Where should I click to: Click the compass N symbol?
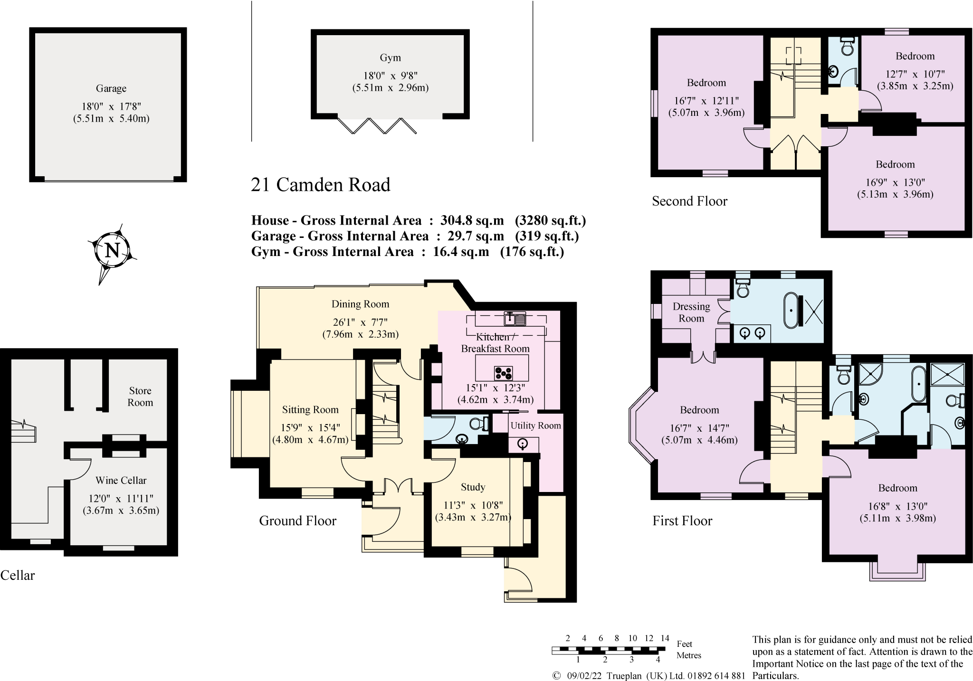point(112,250)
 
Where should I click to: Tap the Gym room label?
point(390,58)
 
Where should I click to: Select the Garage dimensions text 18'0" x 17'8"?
point(111,106)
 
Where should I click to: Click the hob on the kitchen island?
point(503,373)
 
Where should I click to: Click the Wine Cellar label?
point(121,480)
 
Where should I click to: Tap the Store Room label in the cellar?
point(140,397)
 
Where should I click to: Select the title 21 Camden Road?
point(320,185)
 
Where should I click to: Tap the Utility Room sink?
point(523,445)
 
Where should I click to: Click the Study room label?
point(473,487)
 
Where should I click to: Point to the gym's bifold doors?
point(377,126)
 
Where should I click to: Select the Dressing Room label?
point(691,312)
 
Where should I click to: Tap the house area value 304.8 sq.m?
point(472,220)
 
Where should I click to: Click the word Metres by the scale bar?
point(688,655)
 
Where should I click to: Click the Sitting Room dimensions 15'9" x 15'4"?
point(310,427)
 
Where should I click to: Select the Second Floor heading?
point(689,201)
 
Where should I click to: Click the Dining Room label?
point(360,304)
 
